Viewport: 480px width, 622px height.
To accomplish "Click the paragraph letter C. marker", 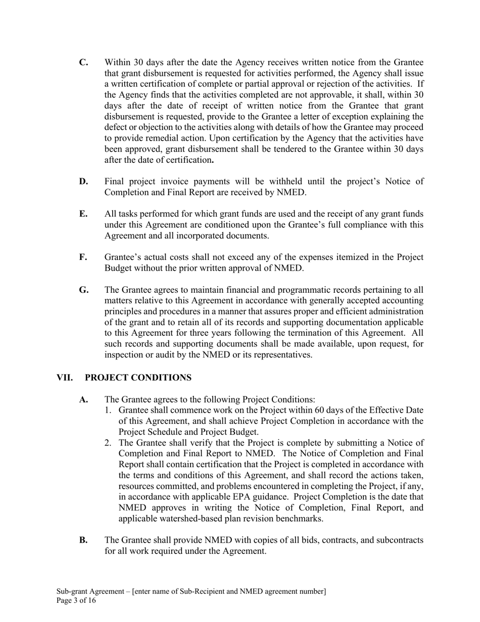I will [x=84, y=63].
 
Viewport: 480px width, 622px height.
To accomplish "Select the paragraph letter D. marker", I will [x=84, y=182].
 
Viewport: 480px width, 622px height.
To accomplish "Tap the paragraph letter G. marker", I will [x=84, y=290].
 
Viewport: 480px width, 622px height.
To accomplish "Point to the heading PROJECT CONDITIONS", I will [x=138, y=378].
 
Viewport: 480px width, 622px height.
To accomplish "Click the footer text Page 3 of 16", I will [x=76, y=601].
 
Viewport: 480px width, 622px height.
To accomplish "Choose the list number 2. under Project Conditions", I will [x=108, y=443].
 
